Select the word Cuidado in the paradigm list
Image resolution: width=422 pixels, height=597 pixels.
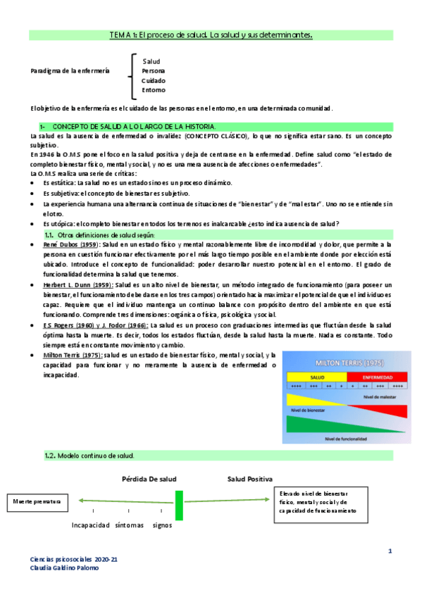[154, 80]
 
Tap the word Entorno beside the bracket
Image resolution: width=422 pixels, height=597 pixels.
[154, 90]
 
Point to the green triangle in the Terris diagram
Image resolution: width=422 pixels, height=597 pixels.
[317, 425]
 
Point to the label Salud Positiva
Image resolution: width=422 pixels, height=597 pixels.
[249, 479]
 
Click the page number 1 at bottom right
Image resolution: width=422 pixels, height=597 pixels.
[389, 550]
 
